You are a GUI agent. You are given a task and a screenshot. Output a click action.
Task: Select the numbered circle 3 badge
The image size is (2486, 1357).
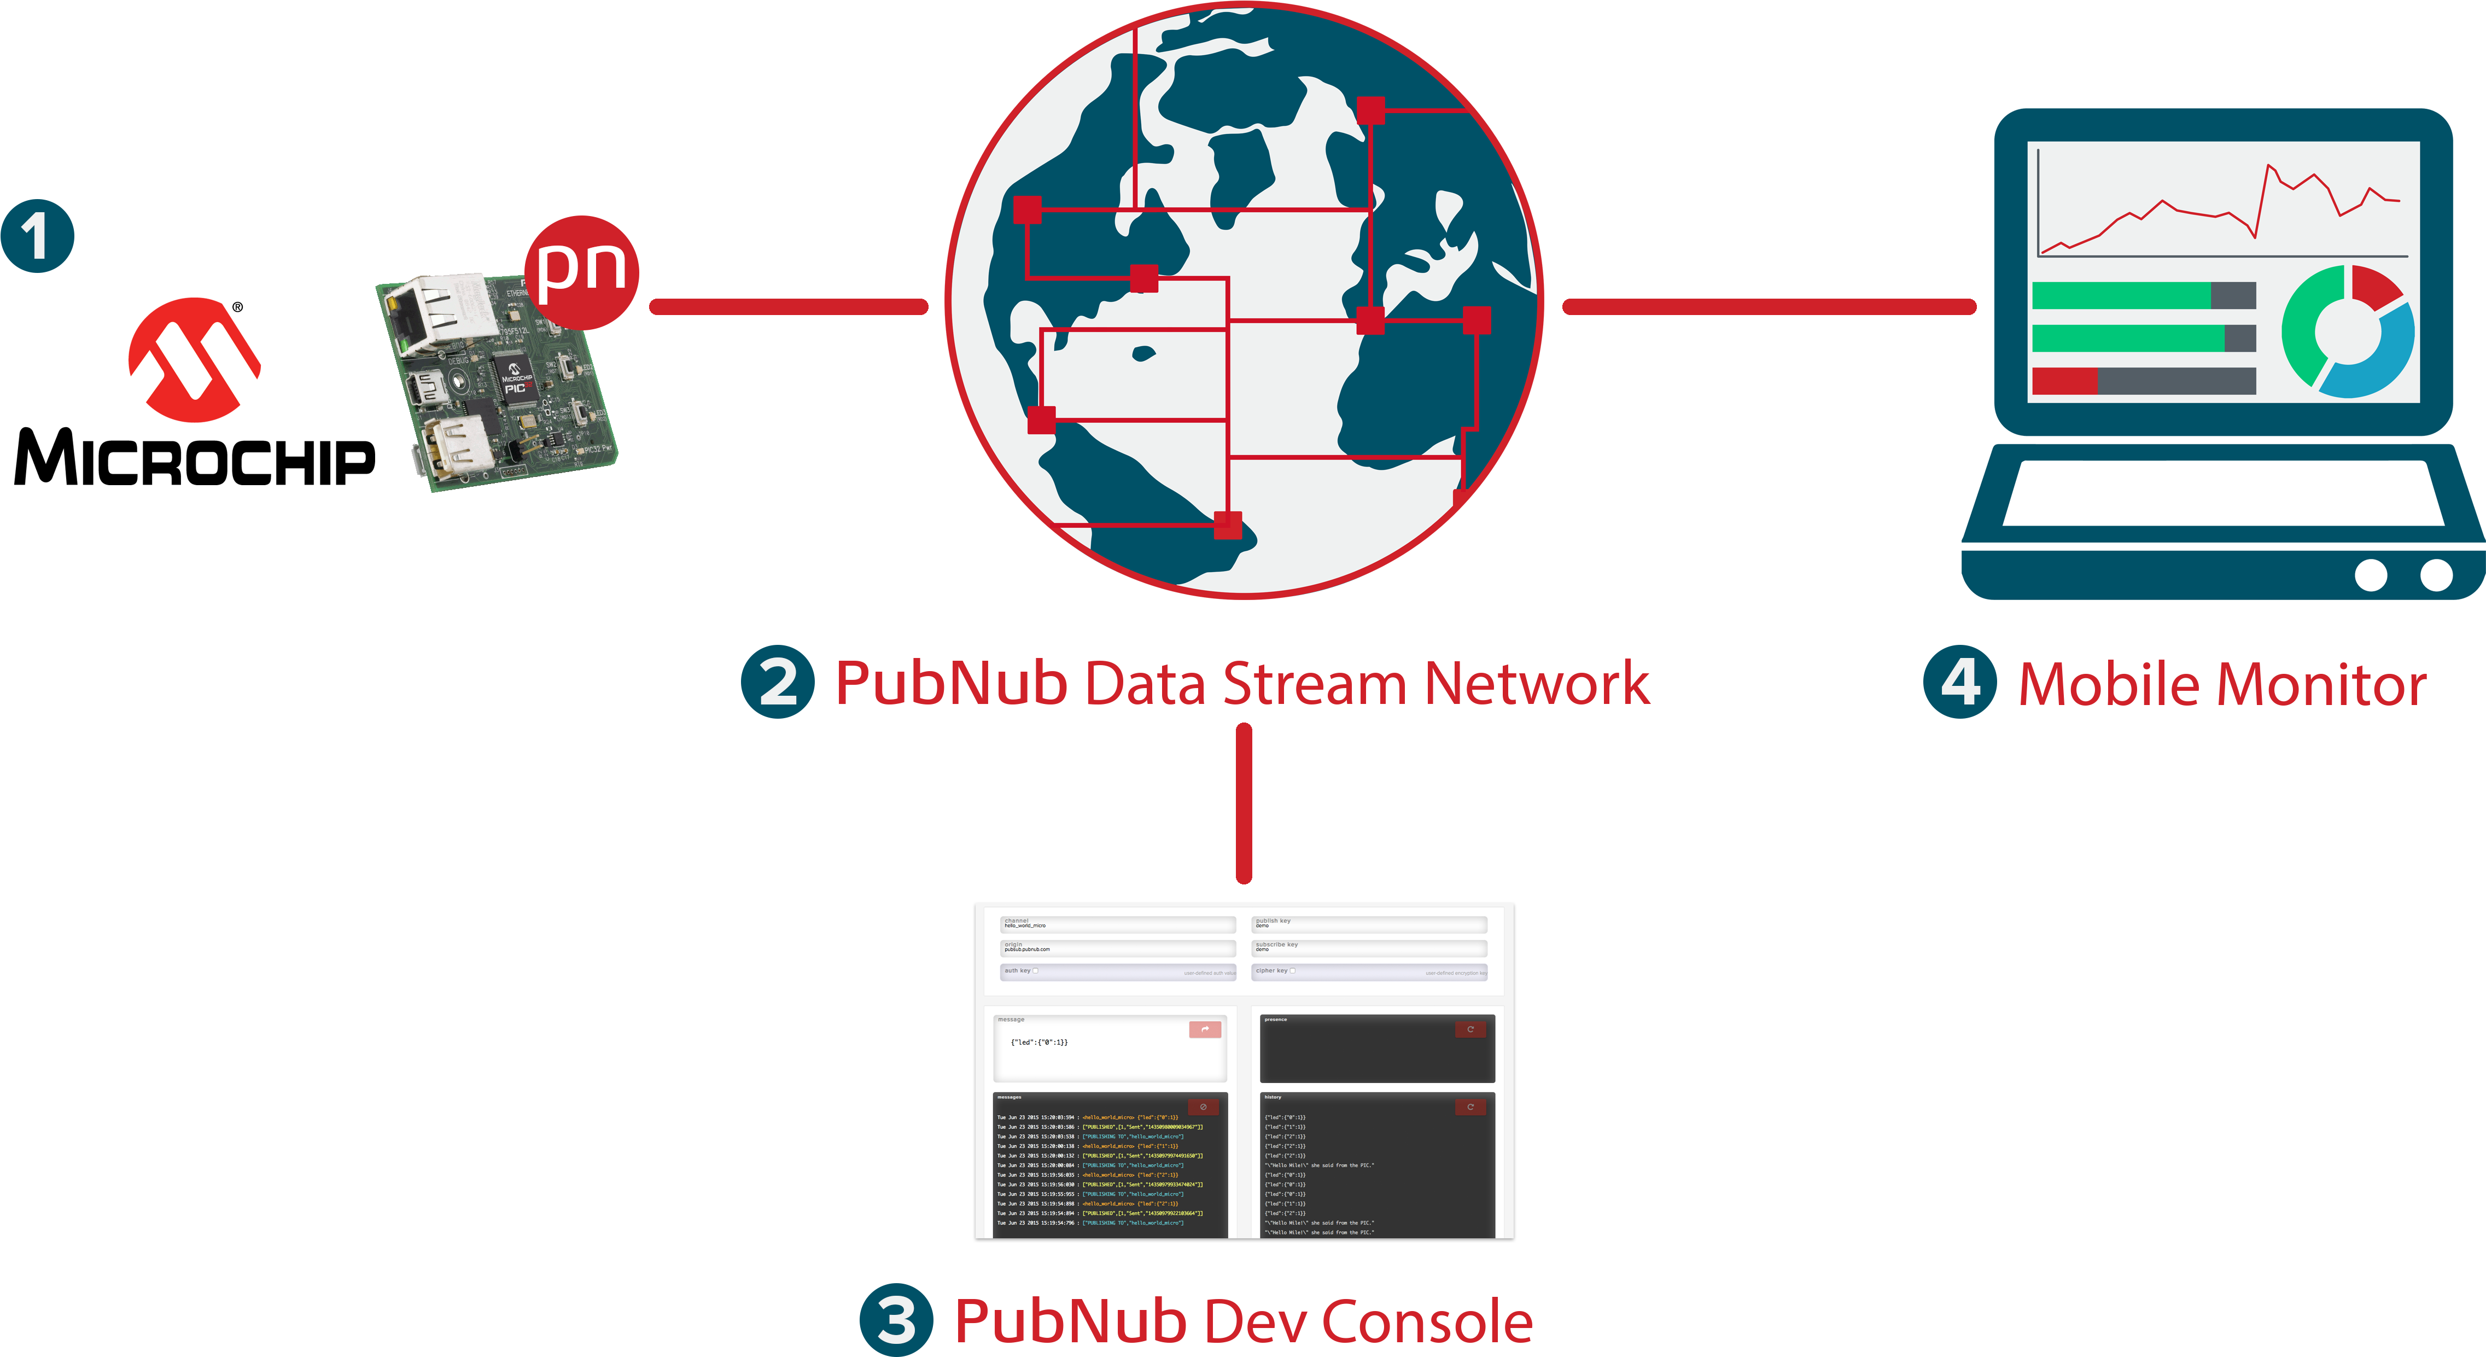pyautogui.click(x=896, y=1319)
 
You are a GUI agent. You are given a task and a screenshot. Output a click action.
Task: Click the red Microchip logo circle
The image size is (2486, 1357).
pyautogui.click(x=195, y=360)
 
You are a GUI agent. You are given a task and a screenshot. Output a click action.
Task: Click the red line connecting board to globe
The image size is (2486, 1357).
pyautogui.click(x=789, y=307)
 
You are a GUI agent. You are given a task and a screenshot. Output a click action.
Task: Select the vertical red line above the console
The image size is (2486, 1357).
pyautogui.click(x=1244, y=803)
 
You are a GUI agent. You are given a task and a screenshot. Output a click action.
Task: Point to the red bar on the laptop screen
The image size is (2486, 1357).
pyautogui.click(x=2064, y=380)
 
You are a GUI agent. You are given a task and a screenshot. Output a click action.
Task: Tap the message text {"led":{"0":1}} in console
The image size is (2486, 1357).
pyautogui.click(x=1038, y=1042)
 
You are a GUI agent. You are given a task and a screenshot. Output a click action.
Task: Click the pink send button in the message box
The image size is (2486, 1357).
pyautogui.click(x=1204, y=1030)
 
